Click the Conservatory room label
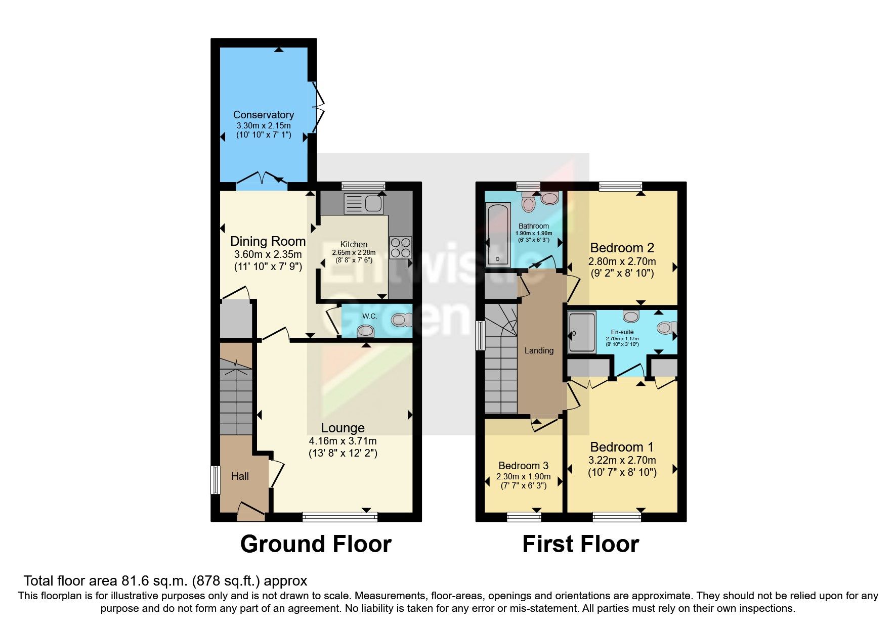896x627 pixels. pos(263,115)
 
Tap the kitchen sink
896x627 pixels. pos(364,204)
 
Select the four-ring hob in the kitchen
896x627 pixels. pos(400,248)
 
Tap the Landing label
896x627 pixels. pos(539,350)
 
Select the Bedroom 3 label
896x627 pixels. pos(523,466)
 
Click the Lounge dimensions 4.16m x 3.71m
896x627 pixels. pos(343,441)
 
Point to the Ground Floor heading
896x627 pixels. pos(316,544)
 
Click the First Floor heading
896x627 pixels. pos(580,544)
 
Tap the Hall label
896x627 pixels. pos(240,476)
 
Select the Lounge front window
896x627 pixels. pos(340,516)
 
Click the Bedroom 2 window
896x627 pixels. pos(620,186)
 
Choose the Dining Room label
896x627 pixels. pos(268,241)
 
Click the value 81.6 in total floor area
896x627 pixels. pos(133,580)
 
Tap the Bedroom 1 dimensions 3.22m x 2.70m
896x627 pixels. pos(622,460)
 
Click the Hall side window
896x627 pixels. pos(215,479)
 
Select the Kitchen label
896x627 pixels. pos(354,244)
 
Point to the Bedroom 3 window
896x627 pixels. pos(524,516)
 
